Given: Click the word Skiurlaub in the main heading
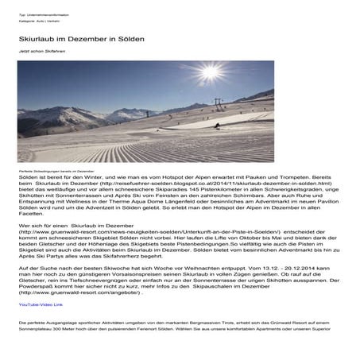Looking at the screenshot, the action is [x=41, y=38].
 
